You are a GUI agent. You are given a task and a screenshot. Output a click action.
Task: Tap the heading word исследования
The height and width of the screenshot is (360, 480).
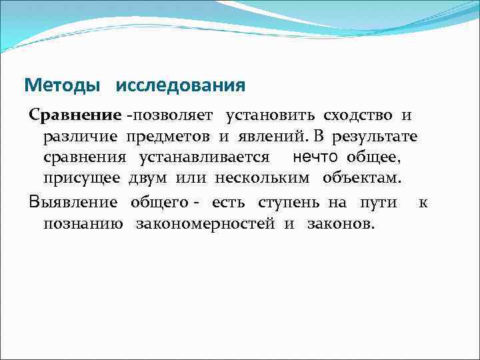[180, 86]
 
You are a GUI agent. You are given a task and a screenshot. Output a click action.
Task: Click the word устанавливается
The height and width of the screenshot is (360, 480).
[204, 158]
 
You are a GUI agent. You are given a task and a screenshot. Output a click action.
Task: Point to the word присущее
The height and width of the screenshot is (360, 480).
[82, 179]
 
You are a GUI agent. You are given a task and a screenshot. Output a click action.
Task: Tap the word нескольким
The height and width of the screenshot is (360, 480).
[267, 179]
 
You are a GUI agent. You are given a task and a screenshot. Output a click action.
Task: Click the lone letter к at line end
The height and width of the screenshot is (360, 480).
[423, 202]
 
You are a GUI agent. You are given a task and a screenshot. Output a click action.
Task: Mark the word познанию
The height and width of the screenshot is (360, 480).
[83, 223]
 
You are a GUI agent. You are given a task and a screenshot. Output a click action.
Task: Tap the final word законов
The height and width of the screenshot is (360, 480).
[341, 223]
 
